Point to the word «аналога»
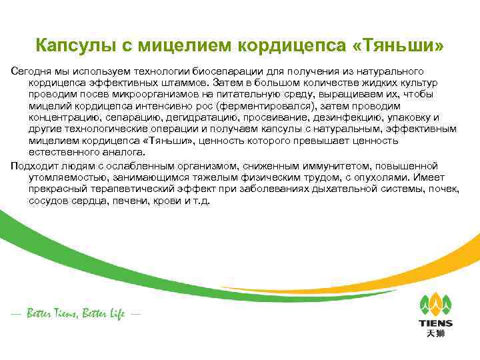tap(119, 153)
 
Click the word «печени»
tap(131, 200)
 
